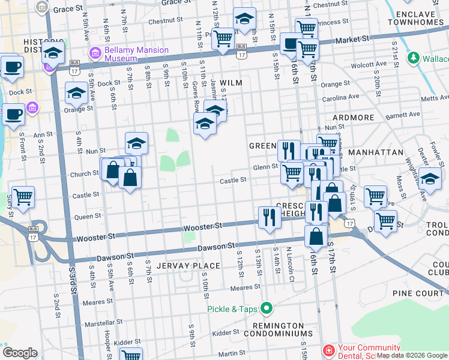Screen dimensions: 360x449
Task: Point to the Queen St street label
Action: [x=88, y=217]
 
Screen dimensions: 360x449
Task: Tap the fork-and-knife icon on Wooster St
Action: [x=270, y=217]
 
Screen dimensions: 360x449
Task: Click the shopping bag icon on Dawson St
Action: [x=316, y=236]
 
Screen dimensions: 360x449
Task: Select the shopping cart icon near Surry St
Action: [x=23, y=196]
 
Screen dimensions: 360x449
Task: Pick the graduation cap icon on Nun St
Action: [x=136, y=143]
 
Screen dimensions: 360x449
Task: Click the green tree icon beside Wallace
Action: [x=413, y=58]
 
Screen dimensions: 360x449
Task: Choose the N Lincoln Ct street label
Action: [x=290, y=259]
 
